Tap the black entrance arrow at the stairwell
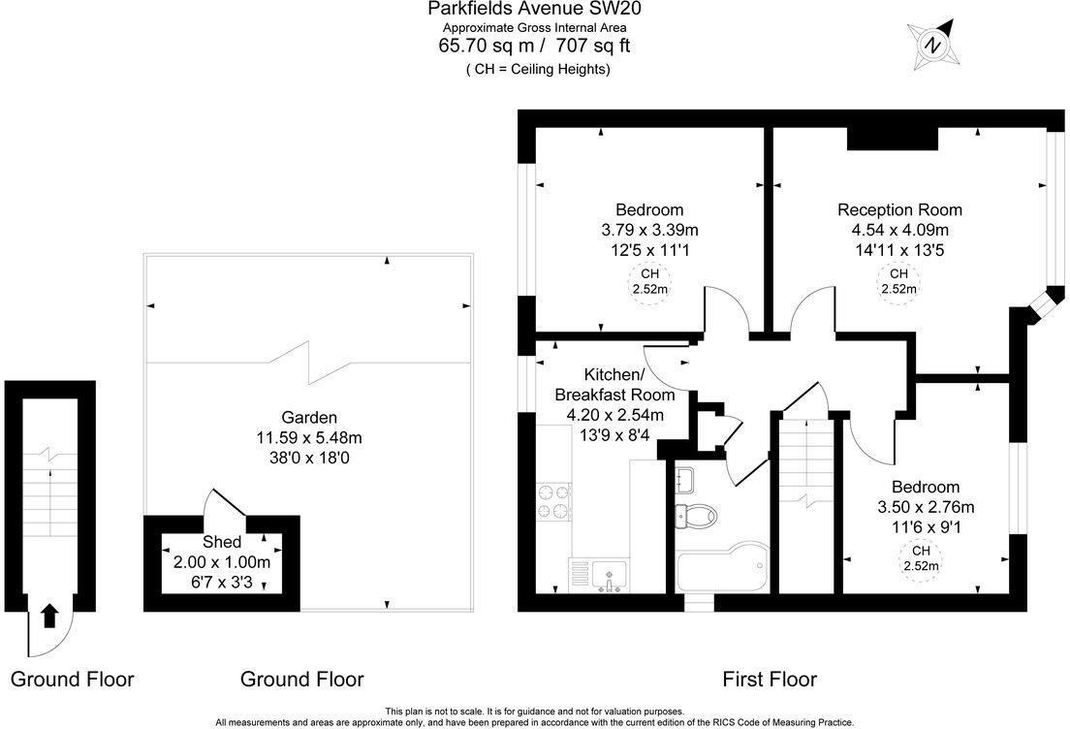pos(50,615)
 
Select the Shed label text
pos(221,542)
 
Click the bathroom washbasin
pos(684,479)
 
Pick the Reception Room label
pos(899,209)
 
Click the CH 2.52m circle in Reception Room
pos(898,281)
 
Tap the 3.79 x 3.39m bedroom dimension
pos(649,230)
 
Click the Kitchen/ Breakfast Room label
pos(614,385)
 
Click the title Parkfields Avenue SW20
pos(535,10)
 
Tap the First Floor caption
pos(770,680)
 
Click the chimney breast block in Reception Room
pos(892,140)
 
